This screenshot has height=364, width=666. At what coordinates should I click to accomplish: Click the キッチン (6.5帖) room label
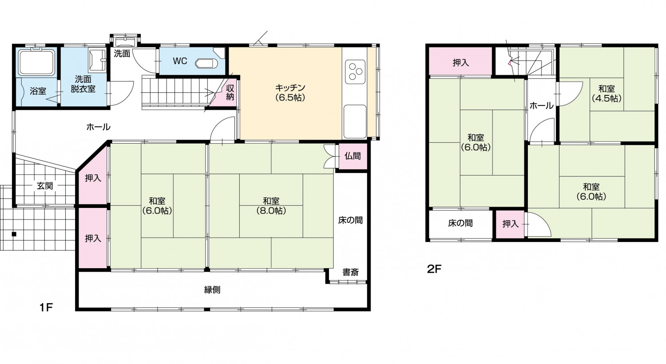coord(290,93)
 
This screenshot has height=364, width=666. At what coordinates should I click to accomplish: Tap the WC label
coord(180,61)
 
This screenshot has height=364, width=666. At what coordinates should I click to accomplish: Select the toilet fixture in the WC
coord(206,63)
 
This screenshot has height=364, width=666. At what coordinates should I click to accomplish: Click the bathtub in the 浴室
coord(36,63)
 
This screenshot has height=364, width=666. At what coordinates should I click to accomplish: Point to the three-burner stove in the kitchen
coord(355,72)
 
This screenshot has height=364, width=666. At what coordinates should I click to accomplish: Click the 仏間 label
coord(353,156)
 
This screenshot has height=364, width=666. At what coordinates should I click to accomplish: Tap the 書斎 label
coord(351,272)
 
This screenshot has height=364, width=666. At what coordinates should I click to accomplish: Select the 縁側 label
coord(212,290)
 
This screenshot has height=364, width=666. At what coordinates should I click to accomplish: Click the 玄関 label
coord(45,186)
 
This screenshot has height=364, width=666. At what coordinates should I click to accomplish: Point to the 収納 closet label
coord(230,92)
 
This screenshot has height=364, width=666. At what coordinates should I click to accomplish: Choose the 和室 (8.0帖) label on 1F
coord(271,206)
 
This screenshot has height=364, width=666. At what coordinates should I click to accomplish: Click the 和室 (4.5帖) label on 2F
coord(607,93)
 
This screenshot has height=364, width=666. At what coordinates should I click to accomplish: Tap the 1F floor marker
coord(46,308)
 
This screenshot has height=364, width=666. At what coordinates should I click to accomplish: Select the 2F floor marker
coord(434,269)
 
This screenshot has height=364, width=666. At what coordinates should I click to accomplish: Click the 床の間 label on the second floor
coord(460,223)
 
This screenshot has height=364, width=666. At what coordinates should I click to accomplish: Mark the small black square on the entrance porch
coord(14,234)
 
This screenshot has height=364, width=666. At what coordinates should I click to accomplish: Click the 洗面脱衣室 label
coord(83,84)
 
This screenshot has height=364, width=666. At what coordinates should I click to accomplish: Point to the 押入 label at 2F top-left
coord(461,63)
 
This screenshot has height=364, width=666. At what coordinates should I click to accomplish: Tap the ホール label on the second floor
coord(541,106)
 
